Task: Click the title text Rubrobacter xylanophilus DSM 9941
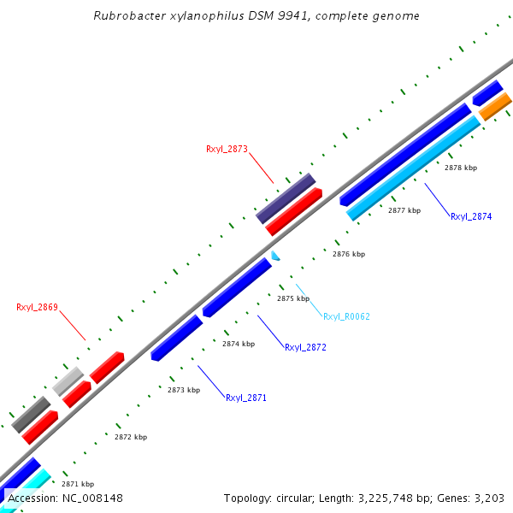[256, 16]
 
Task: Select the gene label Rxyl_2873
[227, 149]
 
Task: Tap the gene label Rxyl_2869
[37, 307]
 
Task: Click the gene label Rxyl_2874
[471, 217]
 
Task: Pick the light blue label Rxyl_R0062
[346, 316]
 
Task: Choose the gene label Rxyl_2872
[305, 348]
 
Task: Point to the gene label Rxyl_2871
[246, 398]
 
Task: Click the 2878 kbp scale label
[461, 168]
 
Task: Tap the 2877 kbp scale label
[404, 210]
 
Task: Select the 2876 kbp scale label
[349, 254]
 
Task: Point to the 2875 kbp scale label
[293, 299]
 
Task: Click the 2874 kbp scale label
[239, 344]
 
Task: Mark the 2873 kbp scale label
[184, 390]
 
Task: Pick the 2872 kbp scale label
[131, 437]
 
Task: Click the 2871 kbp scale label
[78, 484]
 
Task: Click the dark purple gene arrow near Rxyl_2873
[286, 198]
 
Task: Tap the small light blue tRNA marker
[275, 255]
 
